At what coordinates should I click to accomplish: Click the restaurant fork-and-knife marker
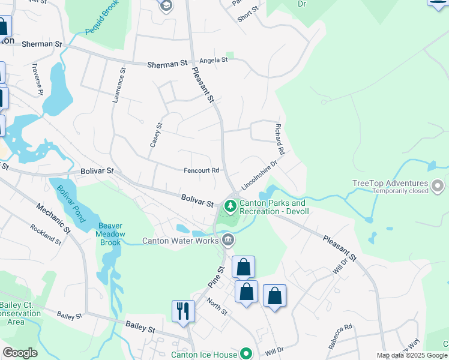183,311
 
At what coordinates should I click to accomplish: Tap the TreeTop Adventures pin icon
439,187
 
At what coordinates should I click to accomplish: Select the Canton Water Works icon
228,241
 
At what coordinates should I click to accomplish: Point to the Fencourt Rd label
202,170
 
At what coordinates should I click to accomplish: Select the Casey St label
155,136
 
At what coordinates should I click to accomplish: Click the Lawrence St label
119,85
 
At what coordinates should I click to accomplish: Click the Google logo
20,353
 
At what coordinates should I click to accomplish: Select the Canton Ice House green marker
245,354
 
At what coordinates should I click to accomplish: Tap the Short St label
247,14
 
